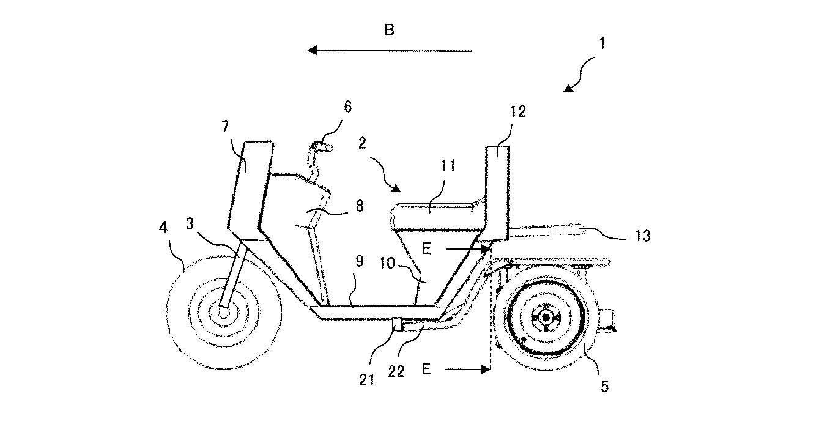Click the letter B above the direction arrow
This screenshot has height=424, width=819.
pos(390,29)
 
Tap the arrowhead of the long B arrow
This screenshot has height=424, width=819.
pos(312,50)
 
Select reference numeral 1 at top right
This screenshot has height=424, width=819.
pos(602,43)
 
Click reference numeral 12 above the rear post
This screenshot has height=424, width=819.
pos(517,111)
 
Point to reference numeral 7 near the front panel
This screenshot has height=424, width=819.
pos(225,126)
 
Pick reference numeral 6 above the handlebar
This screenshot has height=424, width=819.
pos(347,106)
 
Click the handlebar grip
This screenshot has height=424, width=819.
pos(322,147)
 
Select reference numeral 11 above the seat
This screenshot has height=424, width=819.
pos(448,165)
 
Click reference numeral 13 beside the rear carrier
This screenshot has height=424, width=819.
pos(643,236)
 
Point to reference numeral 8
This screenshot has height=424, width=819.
pos(360,206)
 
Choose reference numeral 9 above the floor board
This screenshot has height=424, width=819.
pos(360,261)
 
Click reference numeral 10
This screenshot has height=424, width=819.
pos(387,263)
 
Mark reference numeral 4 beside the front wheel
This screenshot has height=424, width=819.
pos(163,228)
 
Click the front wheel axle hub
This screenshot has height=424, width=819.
pos(223,313)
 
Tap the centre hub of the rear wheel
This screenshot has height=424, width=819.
pos(546,318)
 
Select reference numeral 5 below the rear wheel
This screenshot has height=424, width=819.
pos(605,386)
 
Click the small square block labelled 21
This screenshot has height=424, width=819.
pos(397,324)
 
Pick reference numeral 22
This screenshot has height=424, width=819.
pos(396,371)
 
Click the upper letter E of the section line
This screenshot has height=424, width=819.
pos(426,249)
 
